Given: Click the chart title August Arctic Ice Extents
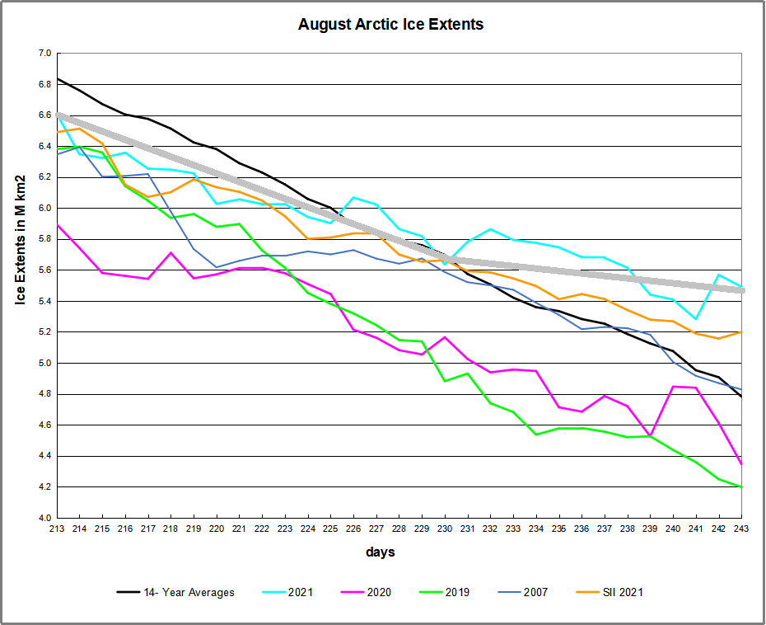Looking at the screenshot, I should click(390, 25).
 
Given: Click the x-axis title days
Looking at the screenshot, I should click(381, 552).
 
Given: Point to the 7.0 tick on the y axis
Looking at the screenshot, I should click(44, 54).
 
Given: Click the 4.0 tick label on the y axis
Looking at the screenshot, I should click(44, 518).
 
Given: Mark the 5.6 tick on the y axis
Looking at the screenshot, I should click(44, 270).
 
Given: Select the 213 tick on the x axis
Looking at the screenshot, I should click(57, 528).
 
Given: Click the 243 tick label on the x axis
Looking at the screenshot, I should click(741, 528).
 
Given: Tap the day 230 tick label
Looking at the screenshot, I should click(445, 528).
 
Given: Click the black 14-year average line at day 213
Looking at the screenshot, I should click(57, 79).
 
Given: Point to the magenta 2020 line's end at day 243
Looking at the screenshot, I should click(741, 463).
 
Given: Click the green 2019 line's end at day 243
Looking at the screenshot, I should click(741, 486).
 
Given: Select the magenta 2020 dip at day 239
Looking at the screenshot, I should click(651, 435).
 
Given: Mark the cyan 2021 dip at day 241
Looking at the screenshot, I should click(696, 318).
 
